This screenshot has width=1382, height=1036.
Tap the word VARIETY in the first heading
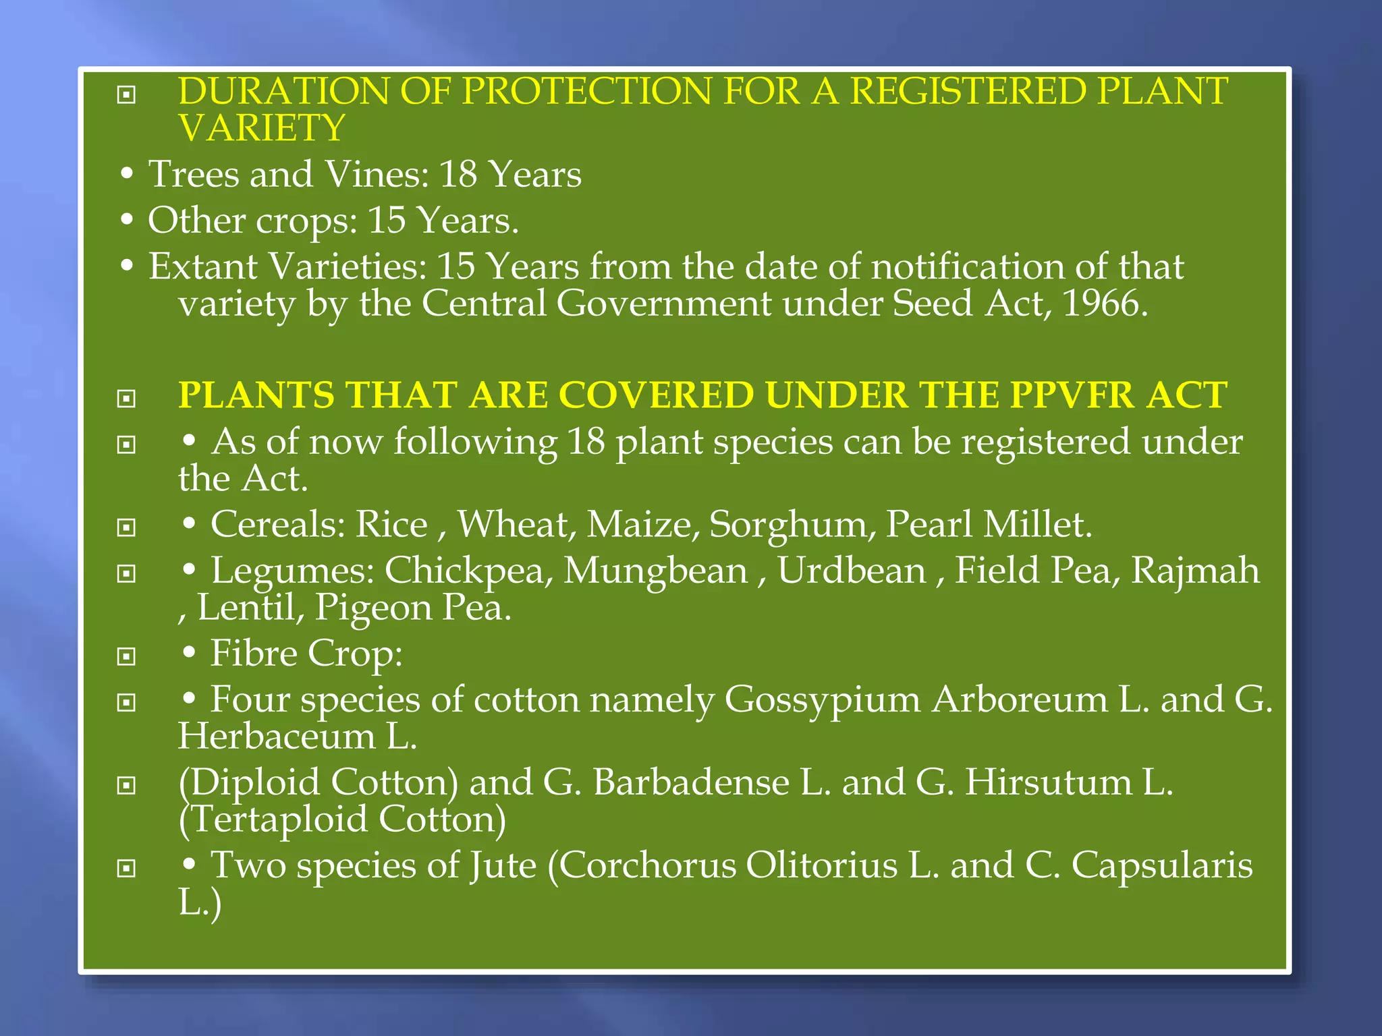click(x=262, y=128)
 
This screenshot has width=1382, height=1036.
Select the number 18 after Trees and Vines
click(x=458, y=175)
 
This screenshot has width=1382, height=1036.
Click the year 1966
click(x=1105, y=304)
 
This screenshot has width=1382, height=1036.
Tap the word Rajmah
click(x=1195, y=571)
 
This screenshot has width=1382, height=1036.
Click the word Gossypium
click(x=822, y=699)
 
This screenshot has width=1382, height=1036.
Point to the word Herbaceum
click(x=277, y=737)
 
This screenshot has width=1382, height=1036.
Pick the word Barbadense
click(x=691, y=782)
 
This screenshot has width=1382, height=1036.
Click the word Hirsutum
click(x=1047, y=782)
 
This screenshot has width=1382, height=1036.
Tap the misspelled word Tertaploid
click(x=273, y=819)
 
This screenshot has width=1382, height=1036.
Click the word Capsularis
click(x=1161, y=865)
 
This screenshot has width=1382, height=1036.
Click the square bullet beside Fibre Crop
click(x=126, y=656)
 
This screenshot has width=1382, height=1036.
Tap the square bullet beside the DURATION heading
click(x=126, y=95)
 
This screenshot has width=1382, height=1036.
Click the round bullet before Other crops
click(x=126, y=220)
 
